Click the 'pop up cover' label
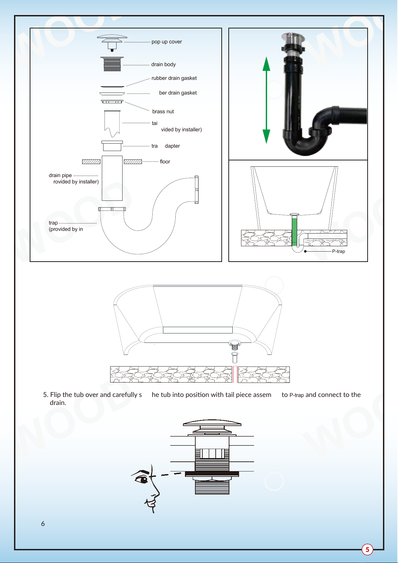click(167, 42)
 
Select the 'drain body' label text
click(163, 64)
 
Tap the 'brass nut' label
click(163, 112)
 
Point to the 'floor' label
click(165, 162)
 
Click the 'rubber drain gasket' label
click(174, 78)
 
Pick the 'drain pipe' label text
click(60, 175)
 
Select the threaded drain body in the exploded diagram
click(112, 64)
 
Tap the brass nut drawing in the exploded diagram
click(112, 102)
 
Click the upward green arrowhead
click(266, 64)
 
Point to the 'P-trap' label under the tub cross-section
click(339, 251)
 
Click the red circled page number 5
click(367, 549)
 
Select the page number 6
click(43, 524)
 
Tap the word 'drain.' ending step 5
click(58, 403)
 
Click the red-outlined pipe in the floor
click(235, 375)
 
